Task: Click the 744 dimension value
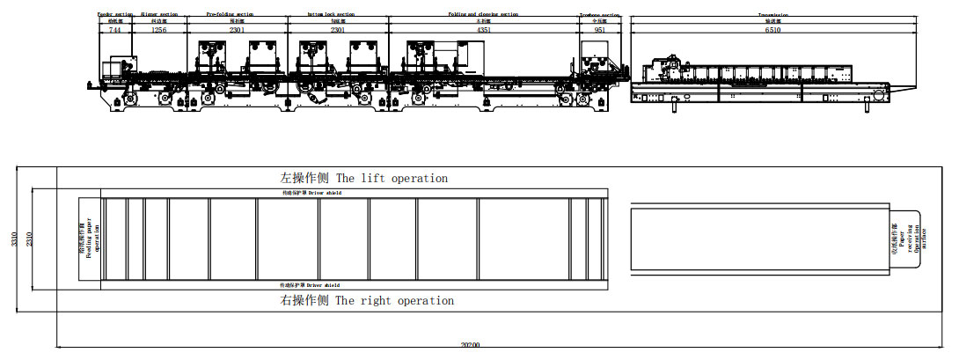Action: (x=114, y=30)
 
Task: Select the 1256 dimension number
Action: (x=158, y=30)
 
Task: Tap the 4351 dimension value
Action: (x=484, y=30)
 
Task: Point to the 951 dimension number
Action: (x=600, y=30)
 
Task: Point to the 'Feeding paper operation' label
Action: (x=90, y=239)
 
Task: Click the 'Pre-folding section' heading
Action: (x=231, y=15)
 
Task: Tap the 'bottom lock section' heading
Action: (x=330, y=15)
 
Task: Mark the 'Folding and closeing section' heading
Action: (x=484, y=15)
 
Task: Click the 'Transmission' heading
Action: (x=772, y=15)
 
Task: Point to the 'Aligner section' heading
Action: (x=159, y=15)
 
